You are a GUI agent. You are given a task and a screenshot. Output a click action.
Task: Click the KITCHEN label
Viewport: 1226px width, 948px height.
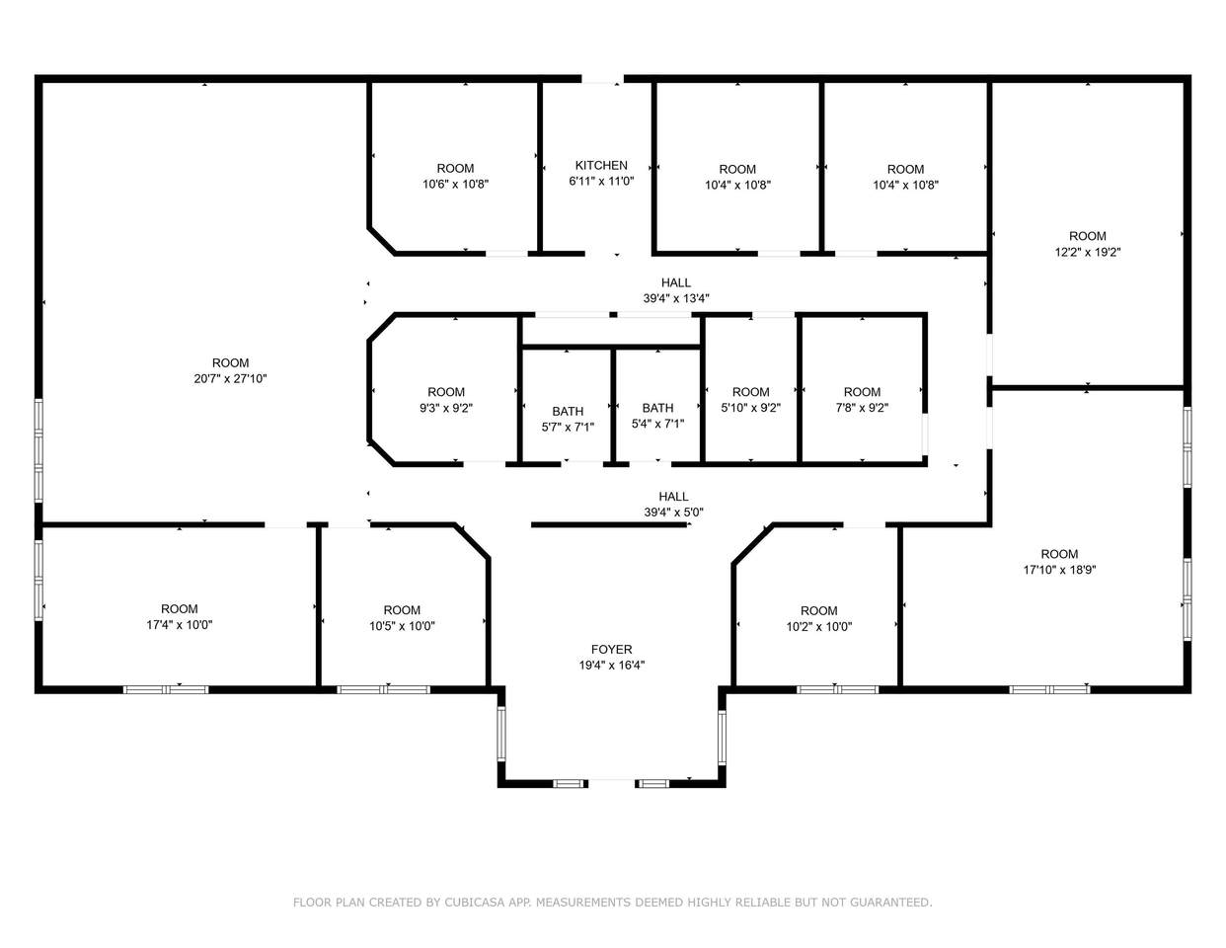601,165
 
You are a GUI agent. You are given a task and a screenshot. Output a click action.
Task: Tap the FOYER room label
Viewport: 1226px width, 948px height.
612,650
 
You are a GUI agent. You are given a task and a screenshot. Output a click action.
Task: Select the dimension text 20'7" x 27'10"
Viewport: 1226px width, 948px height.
230,378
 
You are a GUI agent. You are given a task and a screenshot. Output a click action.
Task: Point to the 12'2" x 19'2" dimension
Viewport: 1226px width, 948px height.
1088,252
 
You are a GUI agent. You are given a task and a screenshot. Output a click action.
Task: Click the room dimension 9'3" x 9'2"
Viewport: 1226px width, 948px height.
446,408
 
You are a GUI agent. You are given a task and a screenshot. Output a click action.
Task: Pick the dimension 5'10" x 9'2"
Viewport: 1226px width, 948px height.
751,408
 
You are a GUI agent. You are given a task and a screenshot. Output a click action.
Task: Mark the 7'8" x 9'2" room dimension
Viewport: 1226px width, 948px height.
862,408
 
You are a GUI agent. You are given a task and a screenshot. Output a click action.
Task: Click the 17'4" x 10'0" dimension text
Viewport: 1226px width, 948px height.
180,625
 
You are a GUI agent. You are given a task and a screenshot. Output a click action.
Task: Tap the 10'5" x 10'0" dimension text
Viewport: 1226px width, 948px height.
403,626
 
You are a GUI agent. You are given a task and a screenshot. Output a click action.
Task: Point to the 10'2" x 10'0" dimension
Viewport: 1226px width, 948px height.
819,626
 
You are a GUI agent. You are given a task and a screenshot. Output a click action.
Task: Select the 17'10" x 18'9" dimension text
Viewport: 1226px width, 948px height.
1059,570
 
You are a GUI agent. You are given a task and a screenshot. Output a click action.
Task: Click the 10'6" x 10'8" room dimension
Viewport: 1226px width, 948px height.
456,184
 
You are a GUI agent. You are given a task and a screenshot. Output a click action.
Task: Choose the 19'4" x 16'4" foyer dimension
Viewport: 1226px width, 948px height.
612,666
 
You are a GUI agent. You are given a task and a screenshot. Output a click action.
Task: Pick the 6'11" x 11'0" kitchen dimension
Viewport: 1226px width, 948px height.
601,181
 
